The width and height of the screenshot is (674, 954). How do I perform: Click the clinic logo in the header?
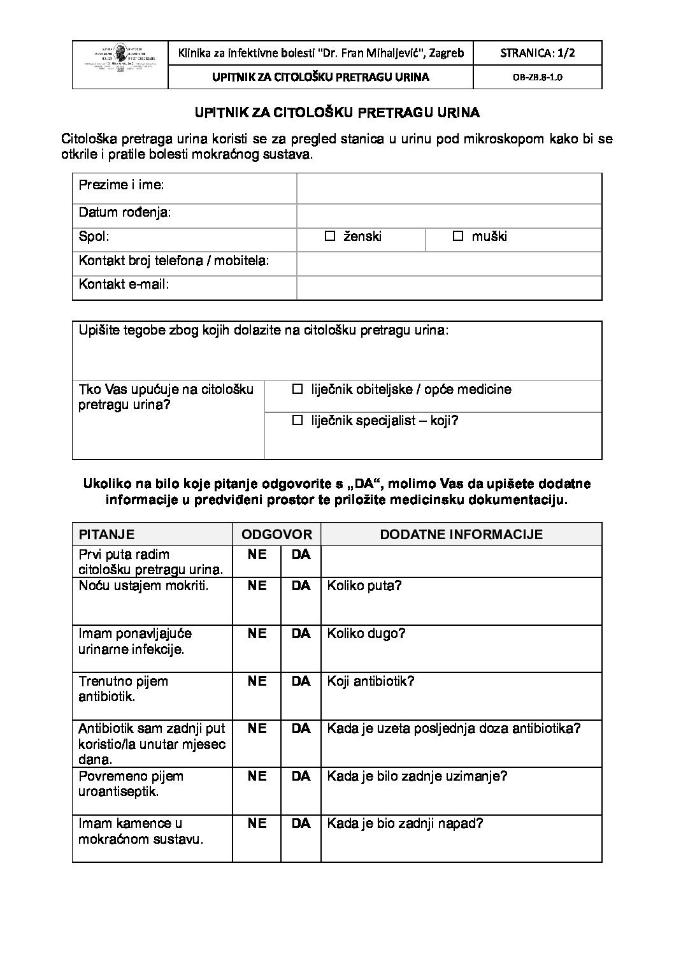120,65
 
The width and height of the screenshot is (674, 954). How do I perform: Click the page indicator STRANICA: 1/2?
538,54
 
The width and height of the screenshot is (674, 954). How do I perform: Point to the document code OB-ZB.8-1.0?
538,78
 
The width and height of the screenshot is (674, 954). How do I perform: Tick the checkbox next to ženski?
329,236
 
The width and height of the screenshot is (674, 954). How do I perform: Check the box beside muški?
457,236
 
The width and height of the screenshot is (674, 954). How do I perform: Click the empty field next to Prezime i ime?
449,188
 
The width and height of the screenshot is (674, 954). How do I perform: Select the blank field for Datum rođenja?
449,215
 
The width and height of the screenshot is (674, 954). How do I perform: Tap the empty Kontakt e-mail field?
449,287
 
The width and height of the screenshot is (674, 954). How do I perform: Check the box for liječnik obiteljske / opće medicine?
297,389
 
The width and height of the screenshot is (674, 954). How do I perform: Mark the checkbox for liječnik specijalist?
297,421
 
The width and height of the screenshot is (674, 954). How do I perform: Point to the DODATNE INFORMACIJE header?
461,535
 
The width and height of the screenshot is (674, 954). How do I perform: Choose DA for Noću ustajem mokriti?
301,586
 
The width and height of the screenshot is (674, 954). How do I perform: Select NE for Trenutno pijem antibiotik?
257,681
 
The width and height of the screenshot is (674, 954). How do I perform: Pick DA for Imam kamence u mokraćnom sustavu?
301,823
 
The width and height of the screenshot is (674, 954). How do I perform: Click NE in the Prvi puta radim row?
257,554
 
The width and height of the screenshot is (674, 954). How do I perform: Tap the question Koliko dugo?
366,633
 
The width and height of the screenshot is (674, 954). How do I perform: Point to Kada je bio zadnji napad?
405,823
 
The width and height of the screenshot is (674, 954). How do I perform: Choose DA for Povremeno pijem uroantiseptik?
301,776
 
